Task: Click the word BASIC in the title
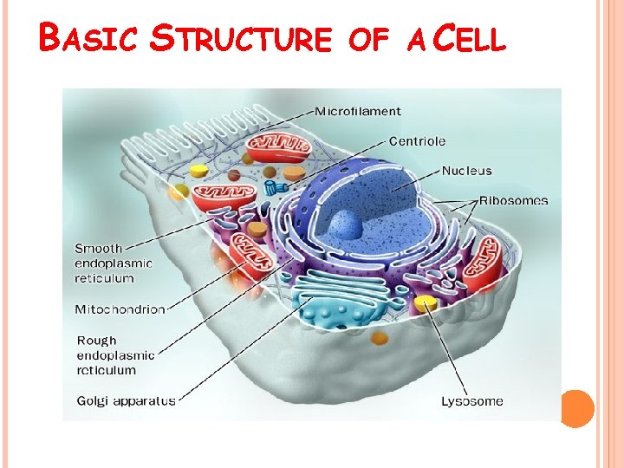[89, 37]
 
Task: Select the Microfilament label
[357, 111]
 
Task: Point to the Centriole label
[417, 140]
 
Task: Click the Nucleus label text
[466, 171]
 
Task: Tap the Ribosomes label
[513, 200]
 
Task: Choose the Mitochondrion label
[120, 309]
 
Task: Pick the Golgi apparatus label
[126, 400]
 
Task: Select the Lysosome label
[471, 400]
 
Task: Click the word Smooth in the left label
[98, 249]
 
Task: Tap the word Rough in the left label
[96, 341]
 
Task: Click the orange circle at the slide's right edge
[577, 408]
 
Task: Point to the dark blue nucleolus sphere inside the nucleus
[343, 225]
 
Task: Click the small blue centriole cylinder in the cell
[276, 186]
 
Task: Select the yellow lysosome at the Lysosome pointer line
[426, 302]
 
